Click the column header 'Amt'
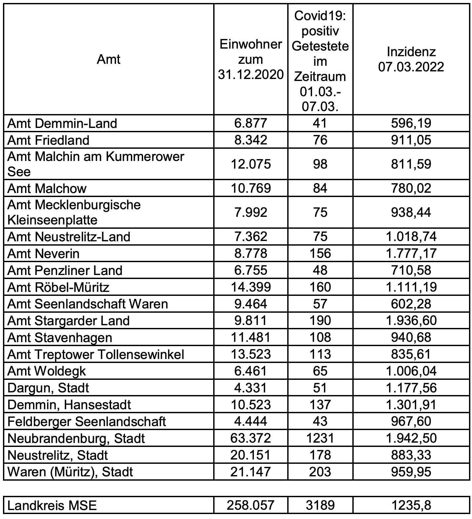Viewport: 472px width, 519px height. pyautogui.click(x=109, y=60)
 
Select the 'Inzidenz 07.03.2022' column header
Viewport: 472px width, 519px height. pyautogui.click(x=411, y=60)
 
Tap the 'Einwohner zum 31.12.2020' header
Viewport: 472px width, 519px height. pyautogui.click(x=251, y=60)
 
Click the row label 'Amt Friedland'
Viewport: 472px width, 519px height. pyautogui.click(x=48, y=140)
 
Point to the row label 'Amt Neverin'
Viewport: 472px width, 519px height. pyautogui.click(x=43, y=254)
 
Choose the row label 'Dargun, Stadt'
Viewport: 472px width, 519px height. pyautogui.click(x=48, y=388)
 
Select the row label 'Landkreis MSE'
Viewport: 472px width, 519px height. pyautogui.click(x=52, y=505)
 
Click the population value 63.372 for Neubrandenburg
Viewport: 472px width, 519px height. pyautogui.click(x=251, y=438)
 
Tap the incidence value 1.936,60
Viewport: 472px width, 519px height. pyautogui.click(x=411, y=321)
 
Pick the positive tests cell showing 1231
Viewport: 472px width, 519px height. pyautogui.click(x=320, y=438)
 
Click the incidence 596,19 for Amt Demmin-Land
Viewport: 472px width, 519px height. pyautogui.click(x=411, y=123)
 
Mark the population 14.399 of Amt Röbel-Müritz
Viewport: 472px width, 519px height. pyautogui.click(x=251, y=287)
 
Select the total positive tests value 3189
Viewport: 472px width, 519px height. pyautogui.click(x=320, y=505)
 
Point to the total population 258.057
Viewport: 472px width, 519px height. pyautogui.click(x=251, y=505)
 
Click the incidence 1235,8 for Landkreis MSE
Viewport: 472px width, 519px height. pyautogui.click(x=411, y=505)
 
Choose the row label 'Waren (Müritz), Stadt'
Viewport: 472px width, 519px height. pyautogui.click(x=70, y=472)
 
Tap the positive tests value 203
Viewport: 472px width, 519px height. pyautogui.click(x=320, y=472)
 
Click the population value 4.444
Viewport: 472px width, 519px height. pyautogui.click(x=251, y=421)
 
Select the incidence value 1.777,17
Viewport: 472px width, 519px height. pyautogui.click(x=411, y=254)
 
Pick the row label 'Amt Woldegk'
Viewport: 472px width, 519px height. pyautogui.click(x=47, y=371)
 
